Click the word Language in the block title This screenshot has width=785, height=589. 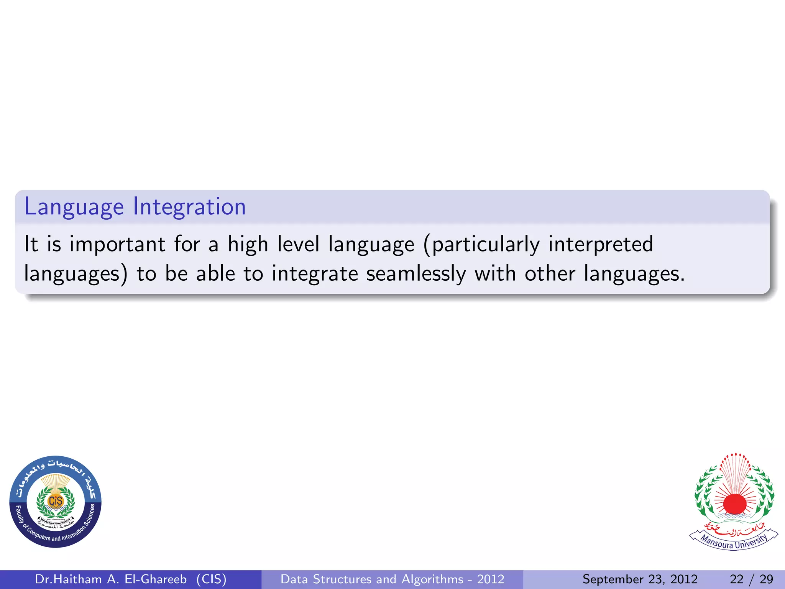[x=74, y=207]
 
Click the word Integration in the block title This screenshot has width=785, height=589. [x=189, y=207]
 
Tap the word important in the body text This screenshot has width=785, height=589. [x=117, y=244]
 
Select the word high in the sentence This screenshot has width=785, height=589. [x=248, y=244]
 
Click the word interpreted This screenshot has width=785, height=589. [x=600, y=244]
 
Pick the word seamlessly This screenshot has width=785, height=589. [x=416, y=274]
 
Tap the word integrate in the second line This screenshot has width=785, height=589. [x=315, y=274]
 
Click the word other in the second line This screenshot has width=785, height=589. [x=550, y=274]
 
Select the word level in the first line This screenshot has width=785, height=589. [x=298, y=244]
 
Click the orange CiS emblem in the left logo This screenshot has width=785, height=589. [x=56, y=501]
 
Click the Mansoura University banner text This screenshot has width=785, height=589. [x=734, y=541]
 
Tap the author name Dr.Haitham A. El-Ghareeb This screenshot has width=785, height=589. [x=111, y=579]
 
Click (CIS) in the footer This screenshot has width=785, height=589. [x=211, y=579]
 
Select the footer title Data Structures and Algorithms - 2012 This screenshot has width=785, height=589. [x=392, y=579]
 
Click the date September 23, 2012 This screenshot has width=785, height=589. [x=640, y=579]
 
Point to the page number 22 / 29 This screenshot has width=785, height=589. [x=751, y=579]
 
